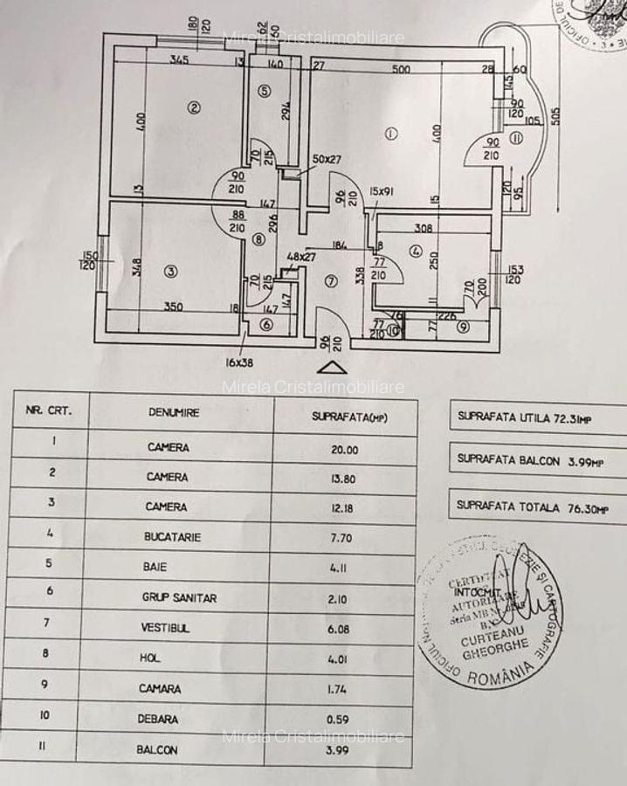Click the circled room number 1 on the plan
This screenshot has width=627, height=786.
pyautogui.click(x=390, y=133)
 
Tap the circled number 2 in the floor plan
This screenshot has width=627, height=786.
pyautogui.click(x=194, y=107)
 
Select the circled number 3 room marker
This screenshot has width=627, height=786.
pyautogui.click(x=170, y=272)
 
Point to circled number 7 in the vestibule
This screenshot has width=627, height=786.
pyautogui.click(x=330, y=281)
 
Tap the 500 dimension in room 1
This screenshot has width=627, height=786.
pyautogui.click(x=401, y=68)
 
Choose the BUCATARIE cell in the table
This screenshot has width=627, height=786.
pyautogui.click(x=173, y=537)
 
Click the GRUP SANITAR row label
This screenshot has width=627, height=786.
pyautogui.click(x=179, y=598)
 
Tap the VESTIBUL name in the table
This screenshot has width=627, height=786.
pyautogui.click(x=169, y=628)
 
